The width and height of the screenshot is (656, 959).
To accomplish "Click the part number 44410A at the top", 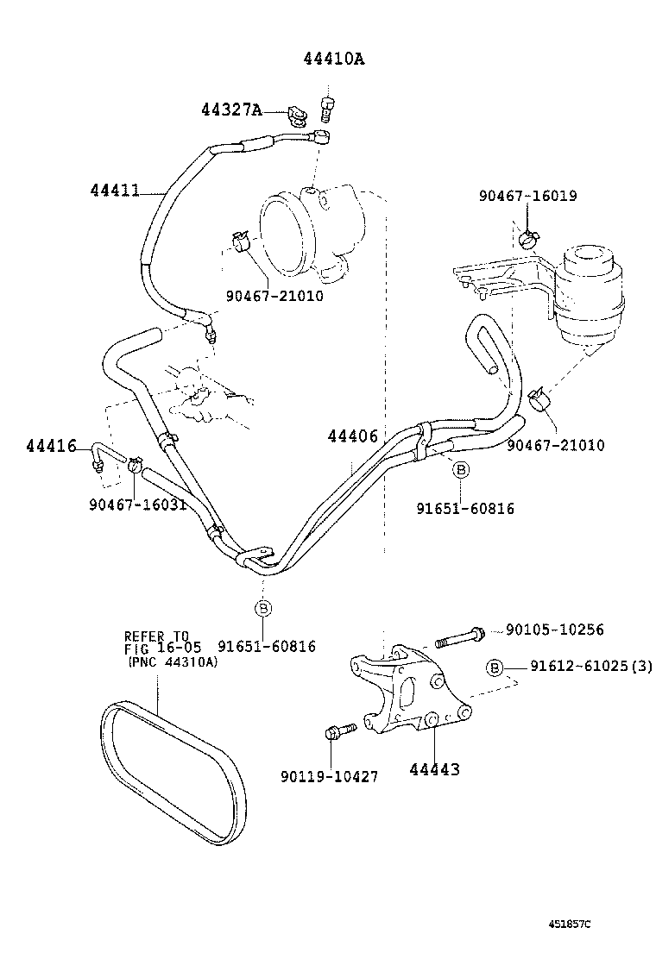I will coord(333,59).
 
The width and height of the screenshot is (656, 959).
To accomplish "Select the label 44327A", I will coord(230,110).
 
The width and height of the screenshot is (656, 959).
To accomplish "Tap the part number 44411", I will coord(114,190).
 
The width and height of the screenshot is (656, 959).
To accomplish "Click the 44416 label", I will coord(51,446).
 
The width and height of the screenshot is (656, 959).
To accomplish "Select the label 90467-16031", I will coord(137,504).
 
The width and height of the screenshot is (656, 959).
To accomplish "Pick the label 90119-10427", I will coord(330,776).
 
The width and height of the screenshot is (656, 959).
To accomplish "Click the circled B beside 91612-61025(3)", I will coord(495,668).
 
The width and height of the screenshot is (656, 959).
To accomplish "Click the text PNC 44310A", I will coord(172,662).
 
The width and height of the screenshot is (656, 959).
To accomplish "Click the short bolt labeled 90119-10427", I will coord(337,733).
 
